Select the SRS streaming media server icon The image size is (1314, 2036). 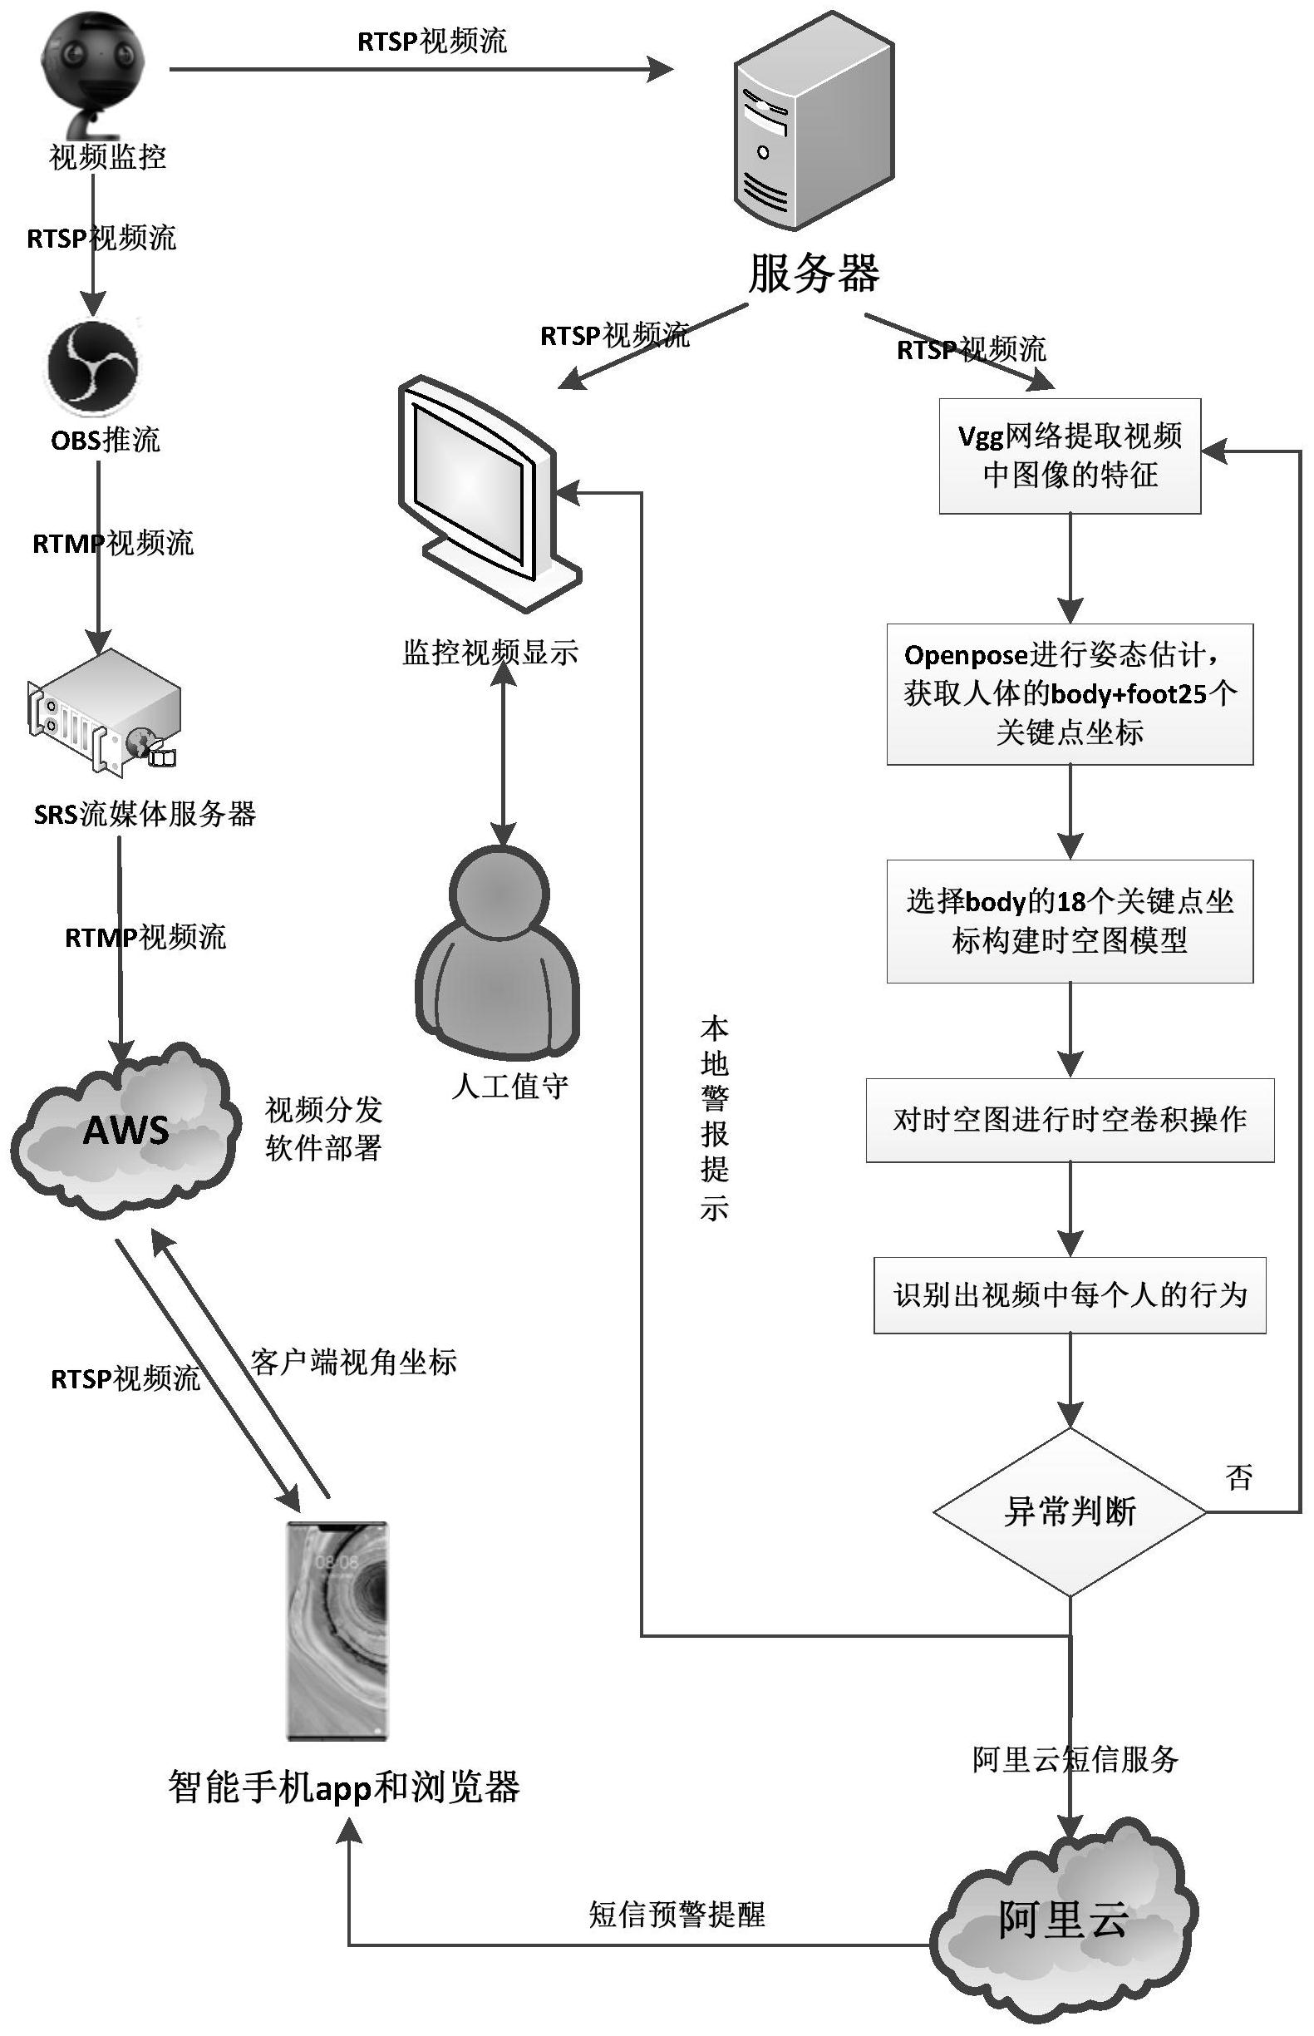pyautogui.click(x=104, y=713)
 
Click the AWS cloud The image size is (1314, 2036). pyautogui.click(x=125, y=1130)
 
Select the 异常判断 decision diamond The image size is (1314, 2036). pyautogui.click(x=1069, y=1512)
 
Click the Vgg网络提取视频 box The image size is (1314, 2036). pyautogui.click(x=1069, y=456)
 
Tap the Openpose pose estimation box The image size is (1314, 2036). pyautogui.click(x=1069, y=693)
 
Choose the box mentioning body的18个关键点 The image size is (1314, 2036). pyautogui.click(x=1069, y=920)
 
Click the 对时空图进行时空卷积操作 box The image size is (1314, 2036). pyautogui.click(x=1069, y=1120)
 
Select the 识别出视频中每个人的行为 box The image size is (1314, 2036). pyautogui.click(x=1069, y=1294)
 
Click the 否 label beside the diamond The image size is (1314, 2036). pyautogui.click(x=1238, y=1476)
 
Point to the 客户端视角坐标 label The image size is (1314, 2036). pyautogui.click(x=353, y=1362)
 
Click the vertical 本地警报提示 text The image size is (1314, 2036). pyautogui.click(x=713, y=1118)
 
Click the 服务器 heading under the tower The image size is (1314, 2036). pyautogui.click(x=813, y=274)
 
